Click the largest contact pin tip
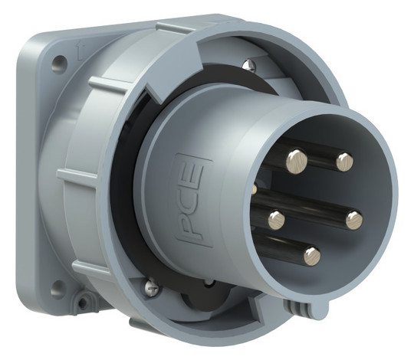tap(297, 162)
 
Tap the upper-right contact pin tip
tap(344, 162)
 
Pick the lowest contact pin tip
tap(312, 256)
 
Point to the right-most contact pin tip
tap(354, 220)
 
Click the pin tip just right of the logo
tap(277, 219)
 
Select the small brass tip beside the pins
tap(255, 189)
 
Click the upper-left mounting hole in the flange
tap(60, 63)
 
